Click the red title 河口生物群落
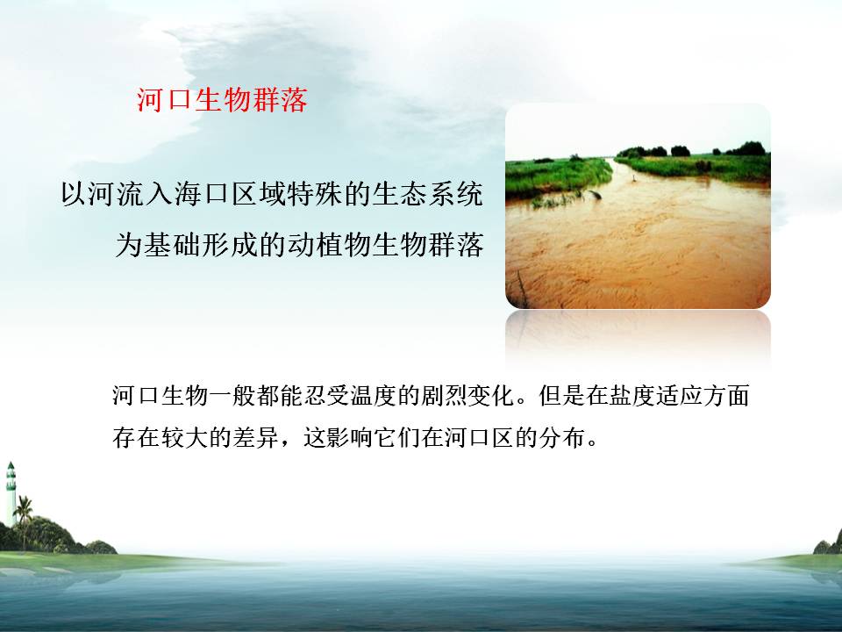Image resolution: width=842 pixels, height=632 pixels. (x=222, y=100)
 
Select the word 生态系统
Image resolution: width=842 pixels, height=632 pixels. (x=427, y=194)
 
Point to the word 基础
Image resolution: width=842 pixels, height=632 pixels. (x=173, y=245)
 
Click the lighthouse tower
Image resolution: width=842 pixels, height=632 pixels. (x=11, y=493)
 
